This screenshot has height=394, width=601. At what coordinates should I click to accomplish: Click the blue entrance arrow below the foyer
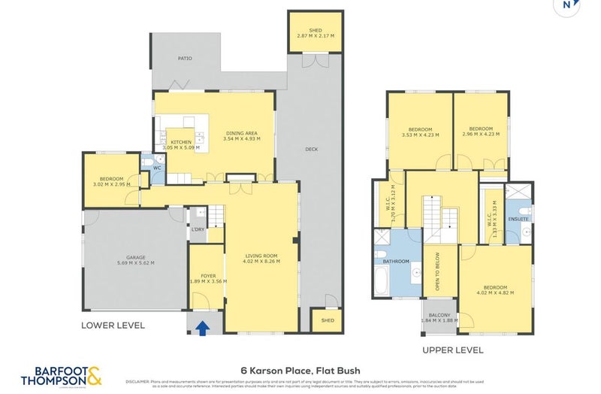[201, 326]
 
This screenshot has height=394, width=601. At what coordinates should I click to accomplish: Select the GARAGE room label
[135, 257]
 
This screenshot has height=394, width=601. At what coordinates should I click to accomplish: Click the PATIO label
[185, 57]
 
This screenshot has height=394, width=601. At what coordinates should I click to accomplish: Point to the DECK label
[311, 148]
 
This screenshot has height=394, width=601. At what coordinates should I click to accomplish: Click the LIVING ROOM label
[261, 256]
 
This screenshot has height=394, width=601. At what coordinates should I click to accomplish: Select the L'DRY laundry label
[198, 229]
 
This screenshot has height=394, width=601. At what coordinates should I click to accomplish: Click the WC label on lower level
[157, 168]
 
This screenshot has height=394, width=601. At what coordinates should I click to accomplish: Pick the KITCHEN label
[181, 142]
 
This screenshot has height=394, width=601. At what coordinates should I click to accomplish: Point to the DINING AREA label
[242, 135]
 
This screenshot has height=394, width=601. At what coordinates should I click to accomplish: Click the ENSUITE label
[518, 219]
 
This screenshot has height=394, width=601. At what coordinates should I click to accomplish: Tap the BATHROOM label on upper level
[396, 262]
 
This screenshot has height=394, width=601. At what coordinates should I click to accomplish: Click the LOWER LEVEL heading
[113, 326]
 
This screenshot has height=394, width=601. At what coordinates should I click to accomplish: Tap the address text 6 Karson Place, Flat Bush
[300, 370]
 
